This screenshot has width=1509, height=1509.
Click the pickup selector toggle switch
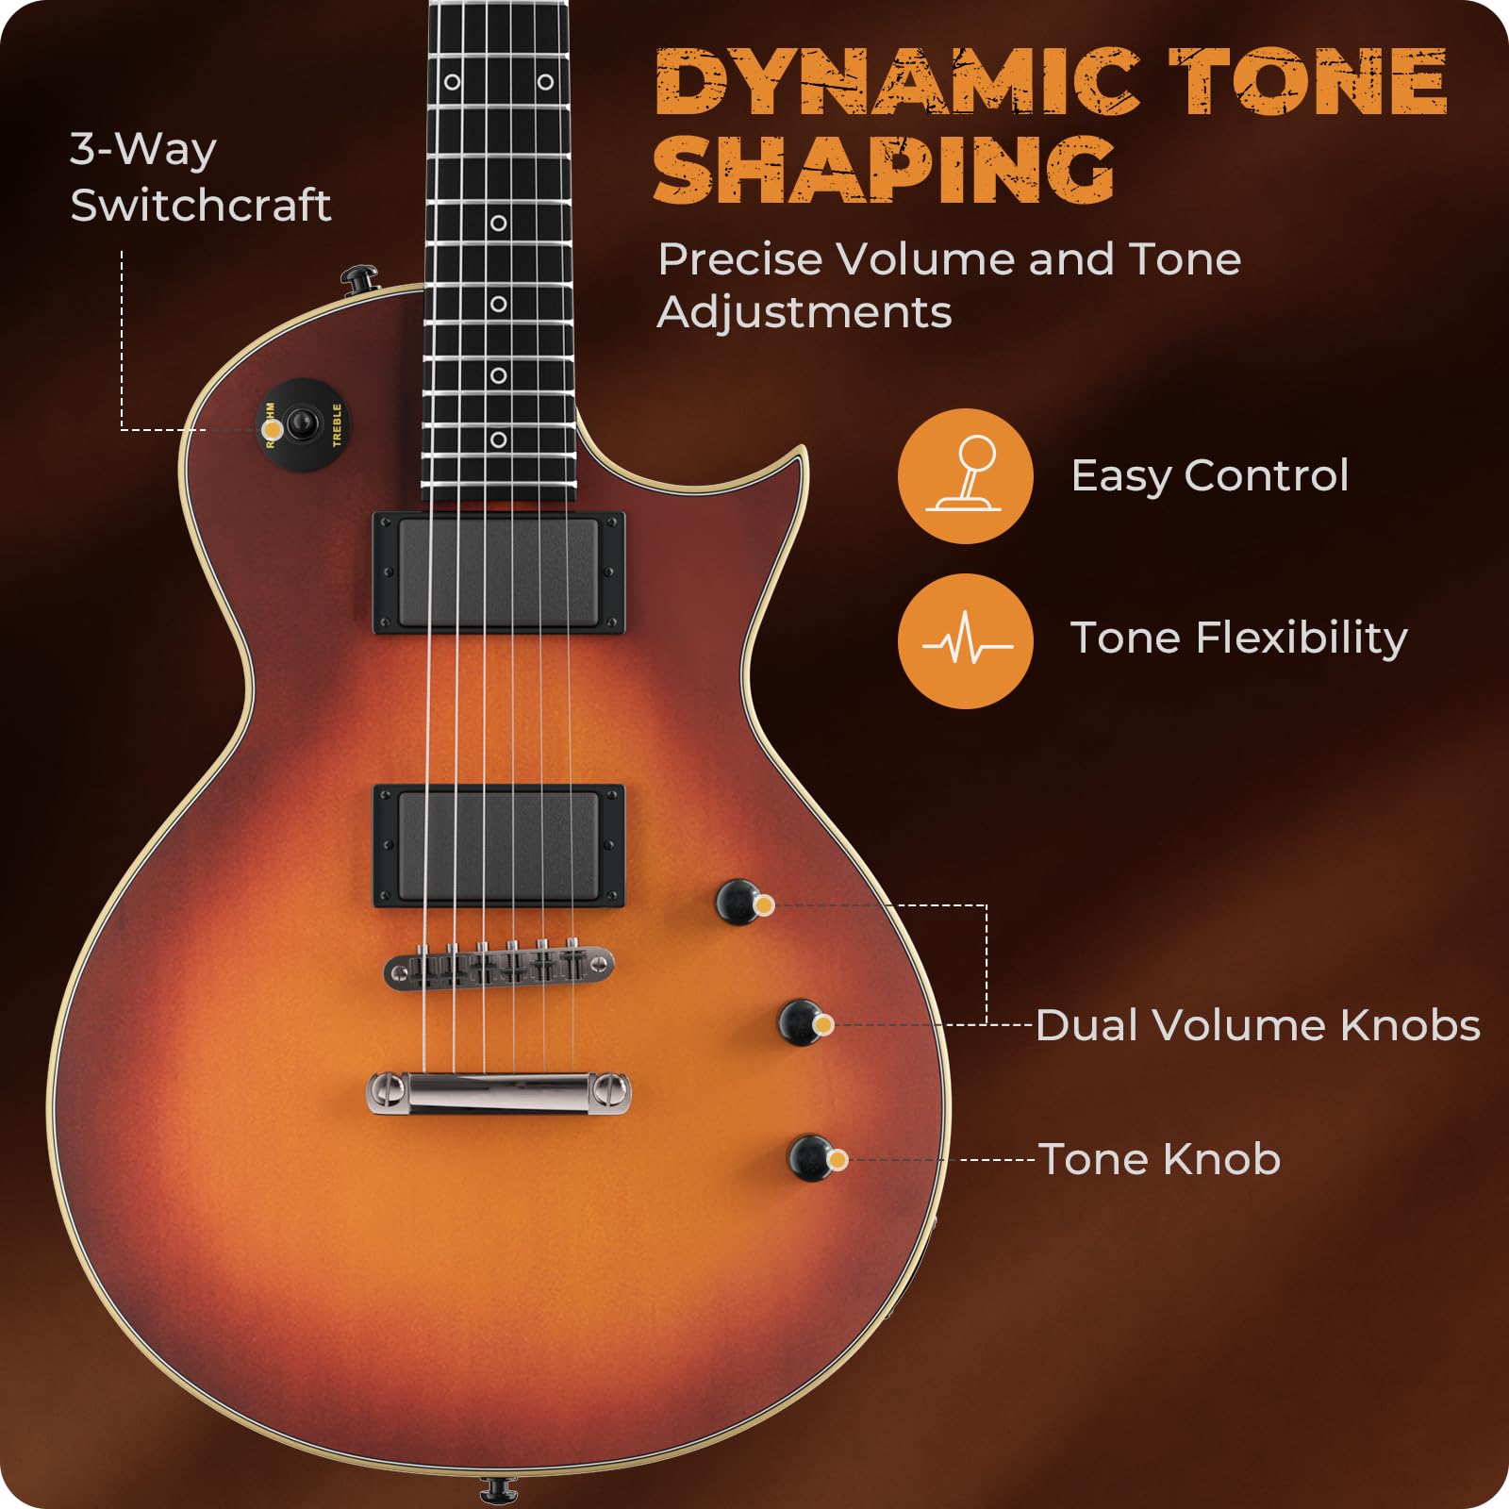coord(303,423)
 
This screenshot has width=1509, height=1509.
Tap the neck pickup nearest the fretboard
coord(499,572)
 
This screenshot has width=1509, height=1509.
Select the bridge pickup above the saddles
coord(499,846)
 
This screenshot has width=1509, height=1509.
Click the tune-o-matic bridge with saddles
coord(499,967)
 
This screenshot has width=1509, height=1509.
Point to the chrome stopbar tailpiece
coord(499,1093)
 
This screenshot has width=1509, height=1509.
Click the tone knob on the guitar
coord(810,1157)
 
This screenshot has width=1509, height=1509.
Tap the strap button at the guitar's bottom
coord(498,1489)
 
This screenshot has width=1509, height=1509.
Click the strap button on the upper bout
coord(359,279)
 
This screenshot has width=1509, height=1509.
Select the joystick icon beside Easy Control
coord(965,475)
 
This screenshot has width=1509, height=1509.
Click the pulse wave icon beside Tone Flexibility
coord(965,641)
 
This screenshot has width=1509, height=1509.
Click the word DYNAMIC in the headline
coord(896,83)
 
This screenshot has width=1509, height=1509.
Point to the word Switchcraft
coord(201,205)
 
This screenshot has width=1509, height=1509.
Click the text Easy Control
coord(1210,475)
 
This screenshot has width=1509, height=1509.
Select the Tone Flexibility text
coord(1238,638)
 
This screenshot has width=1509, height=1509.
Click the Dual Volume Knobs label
coord(1257,1025)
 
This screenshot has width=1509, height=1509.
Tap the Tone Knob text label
coord(1160,1159)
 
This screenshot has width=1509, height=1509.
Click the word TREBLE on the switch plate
coord(337,424)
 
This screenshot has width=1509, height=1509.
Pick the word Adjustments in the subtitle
coord(804,312)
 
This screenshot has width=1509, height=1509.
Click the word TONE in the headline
coord(1308,83)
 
